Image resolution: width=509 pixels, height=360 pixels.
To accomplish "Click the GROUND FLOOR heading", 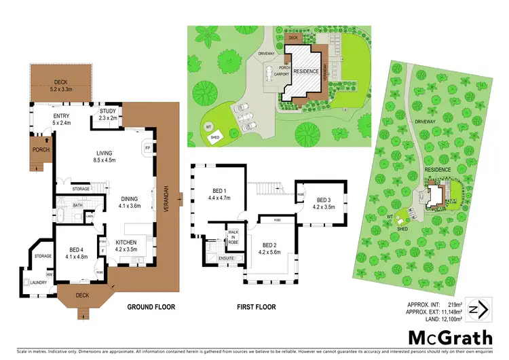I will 151,307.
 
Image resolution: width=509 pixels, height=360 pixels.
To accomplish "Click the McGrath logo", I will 449,336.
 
